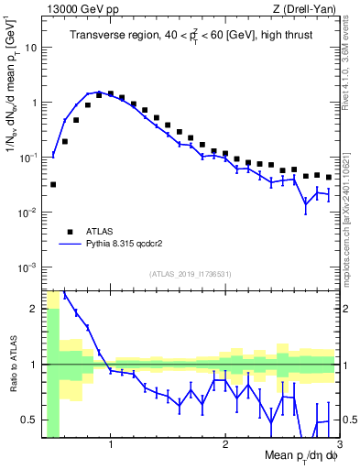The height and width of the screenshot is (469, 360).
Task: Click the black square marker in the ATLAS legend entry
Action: [x=69, y=232]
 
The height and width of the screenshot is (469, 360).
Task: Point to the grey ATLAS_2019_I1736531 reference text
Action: [x=191, y=274]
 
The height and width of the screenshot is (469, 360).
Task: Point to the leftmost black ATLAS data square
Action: [x=53, y=184]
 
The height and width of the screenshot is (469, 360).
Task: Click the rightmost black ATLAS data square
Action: [x=329, y=177]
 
